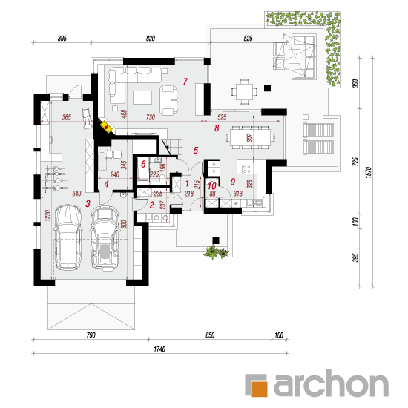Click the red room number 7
[185, 82]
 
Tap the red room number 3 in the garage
[88, 203]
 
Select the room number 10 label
[212, 186]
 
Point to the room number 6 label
[143, 164]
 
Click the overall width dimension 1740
[159, 349]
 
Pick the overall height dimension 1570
[369, 172]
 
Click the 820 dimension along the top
[151, 39]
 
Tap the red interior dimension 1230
[47, 215]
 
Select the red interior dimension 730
[151, 117]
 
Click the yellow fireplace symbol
[107, 127]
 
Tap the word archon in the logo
[332, 383]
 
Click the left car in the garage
[68, 237]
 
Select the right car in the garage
[105, 238]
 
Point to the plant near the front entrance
[215, 251]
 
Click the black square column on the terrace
[267, 88]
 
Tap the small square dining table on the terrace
[244, 91]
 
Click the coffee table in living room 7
[142, 97]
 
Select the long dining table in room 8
[249, 137]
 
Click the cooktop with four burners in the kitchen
[247, 169]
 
